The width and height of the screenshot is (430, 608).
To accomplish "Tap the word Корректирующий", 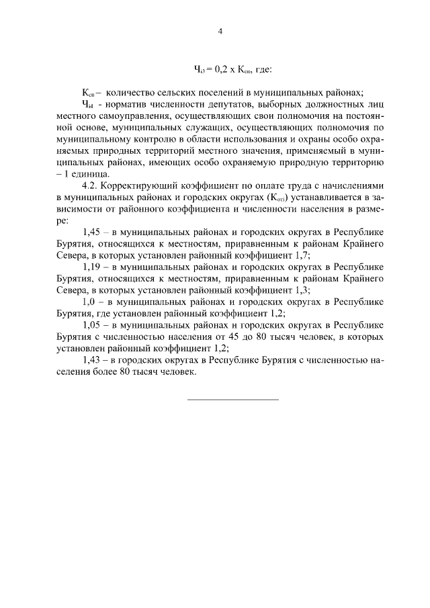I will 138,189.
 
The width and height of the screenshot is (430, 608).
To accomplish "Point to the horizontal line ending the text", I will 232,400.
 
